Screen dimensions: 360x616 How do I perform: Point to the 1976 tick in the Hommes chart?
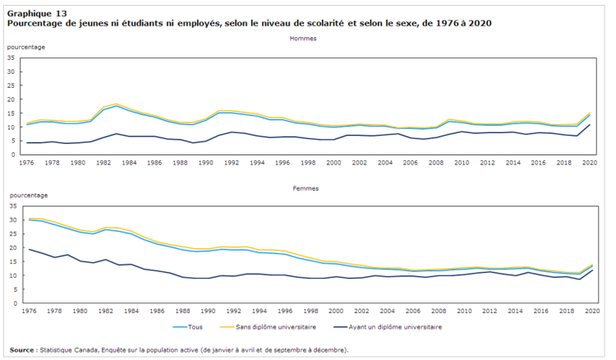30,163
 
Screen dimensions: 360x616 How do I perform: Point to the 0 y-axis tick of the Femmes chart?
15,303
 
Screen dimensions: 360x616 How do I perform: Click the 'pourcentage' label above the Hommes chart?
26,47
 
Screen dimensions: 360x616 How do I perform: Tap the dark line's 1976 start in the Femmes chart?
30,249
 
